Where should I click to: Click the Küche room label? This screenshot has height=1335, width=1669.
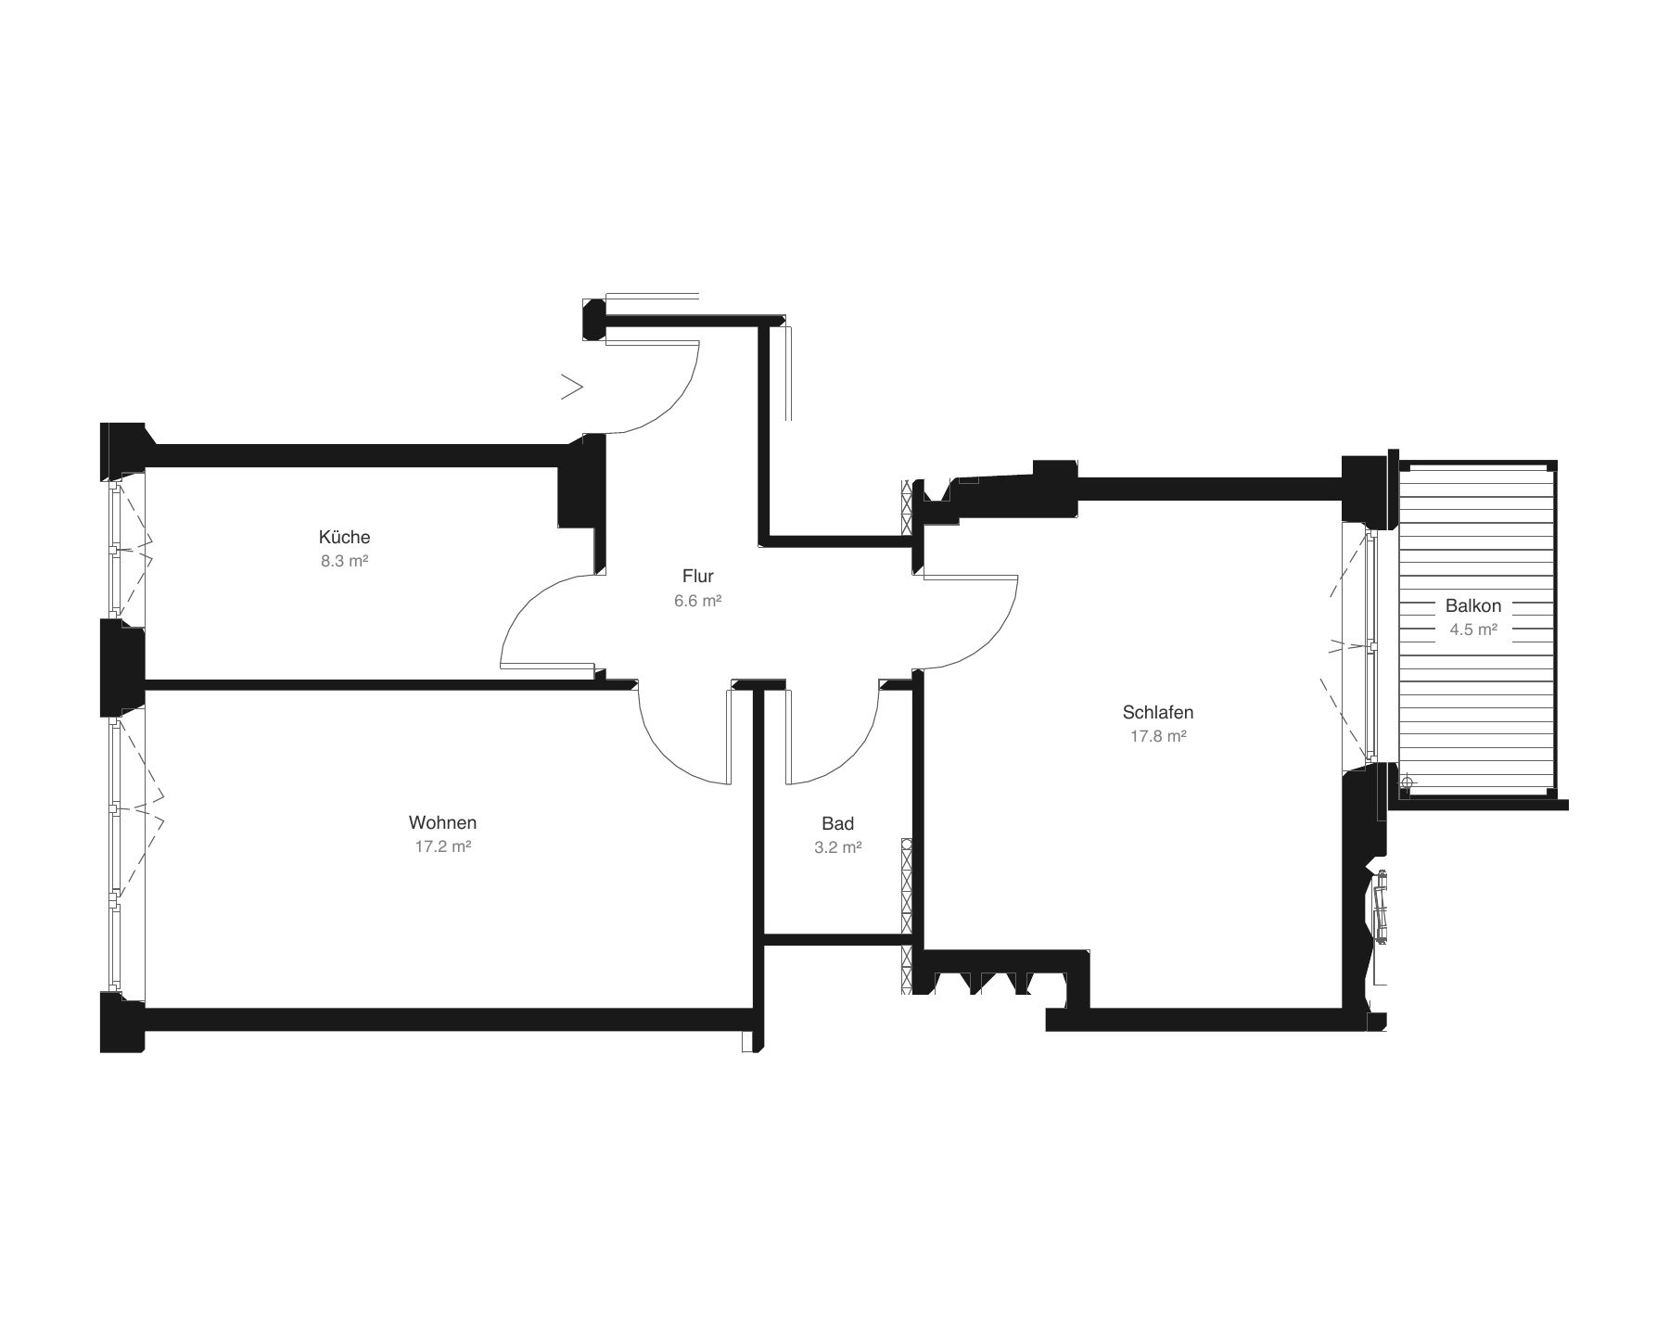coord(344,537)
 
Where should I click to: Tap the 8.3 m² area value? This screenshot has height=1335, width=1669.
coord(345,561)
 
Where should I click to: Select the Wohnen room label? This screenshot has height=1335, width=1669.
coord(443,822)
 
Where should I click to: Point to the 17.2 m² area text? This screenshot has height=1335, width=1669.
coord(443,846)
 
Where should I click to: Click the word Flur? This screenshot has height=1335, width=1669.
coord(698,576)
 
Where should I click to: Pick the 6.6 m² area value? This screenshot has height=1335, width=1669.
coord(698,600)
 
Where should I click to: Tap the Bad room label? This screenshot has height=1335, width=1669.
coord(838,823)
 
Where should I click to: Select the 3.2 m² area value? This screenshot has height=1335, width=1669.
coord(838,847)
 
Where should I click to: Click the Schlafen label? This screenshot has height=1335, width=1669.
coord(1158,712)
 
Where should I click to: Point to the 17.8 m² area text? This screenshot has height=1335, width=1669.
coord(1158,736)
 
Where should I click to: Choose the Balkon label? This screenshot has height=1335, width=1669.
coord(1473,605)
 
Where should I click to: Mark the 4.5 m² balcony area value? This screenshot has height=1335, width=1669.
coord(1473,629)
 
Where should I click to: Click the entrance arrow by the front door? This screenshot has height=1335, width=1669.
coord(572,387)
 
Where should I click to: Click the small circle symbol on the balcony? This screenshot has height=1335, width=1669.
coord(1407,783)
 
